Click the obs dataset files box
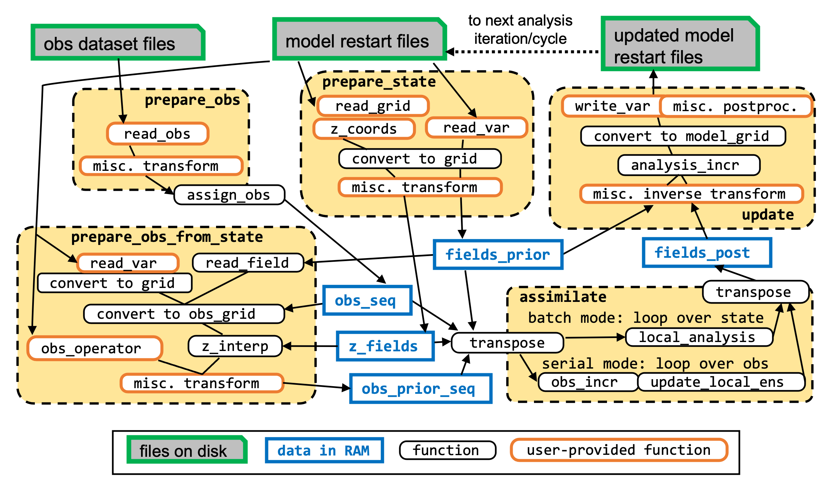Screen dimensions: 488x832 tap(118, 43)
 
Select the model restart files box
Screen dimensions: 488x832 tap(359, 40)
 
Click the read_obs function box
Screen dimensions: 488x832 tap(158, 134)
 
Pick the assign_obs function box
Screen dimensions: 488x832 tap(229, 195)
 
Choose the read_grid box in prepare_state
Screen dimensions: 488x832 tap(373, 106)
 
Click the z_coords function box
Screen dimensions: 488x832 tap(364, 129)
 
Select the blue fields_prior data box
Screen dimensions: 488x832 tap(498, 255)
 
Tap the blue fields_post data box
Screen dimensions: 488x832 tap(707, 253)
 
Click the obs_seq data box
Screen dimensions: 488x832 tap(367, 301)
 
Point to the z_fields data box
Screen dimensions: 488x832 tap(385, 346)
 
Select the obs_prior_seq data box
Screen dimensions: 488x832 tap(420, 389)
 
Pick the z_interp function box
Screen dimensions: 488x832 tap(235, 346)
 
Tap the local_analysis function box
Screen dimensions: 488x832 tap(699, 337)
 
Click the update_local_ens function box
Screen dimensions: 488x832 tap(721, 382)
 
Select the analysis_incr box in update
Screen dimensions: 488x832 tap(689, 165)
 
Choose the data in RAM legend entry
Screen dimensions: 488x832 tap(324, 451)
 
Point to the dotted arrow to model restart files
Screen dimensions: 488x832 tap(524, 52)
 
